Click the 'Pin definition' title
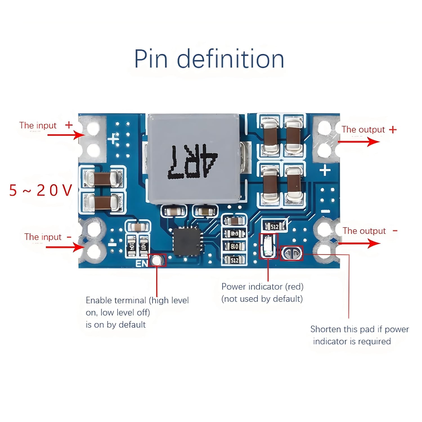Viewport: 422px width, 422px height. tap(209, 59)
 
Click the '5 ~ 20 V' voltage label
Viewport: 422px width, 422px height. tap(41, 190)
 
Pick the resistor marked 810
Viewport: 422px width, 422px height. tap(234, 247)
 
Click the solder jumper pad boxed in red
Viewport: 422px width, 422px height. tap(292, 253)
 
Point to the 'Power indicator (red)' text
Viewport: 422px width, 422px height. tap(262, 287)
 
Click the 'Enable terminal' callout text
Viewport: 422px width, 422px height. tap(137, 312)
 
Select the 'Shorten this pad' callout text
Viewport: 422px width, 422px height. tap(359, 335)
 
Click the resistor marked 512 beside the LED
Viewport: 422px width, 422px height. tap(274, 226)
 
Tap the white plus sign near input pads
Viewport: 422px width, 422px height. tap(113, 139)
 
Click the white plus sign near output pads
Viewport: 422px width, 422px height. tap(325, 170)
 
